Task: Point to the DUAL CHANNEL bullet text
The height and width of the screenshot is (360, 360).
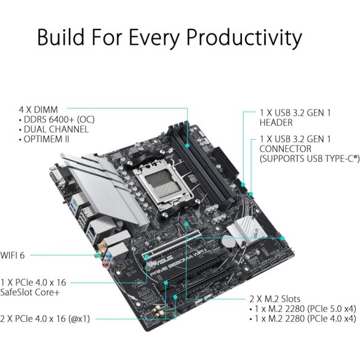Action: point(56,129)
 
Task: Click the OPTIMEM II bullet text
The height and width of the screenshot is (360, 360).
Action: point(49,140)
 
